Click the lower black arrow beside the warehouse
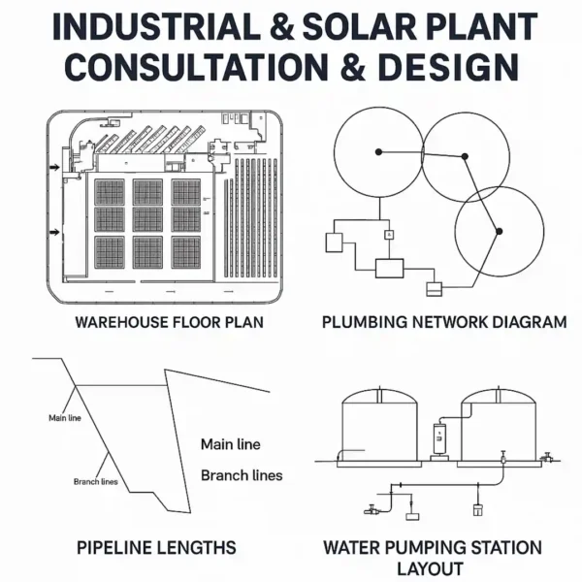pyautogui.click(x=55, y=232)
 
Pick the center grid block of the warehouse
pyautogui.click(x=147, y=222)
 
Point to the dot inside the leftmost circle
pyautogui.click(x=379, y=150)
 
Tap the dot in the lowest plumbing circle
pyautogui.click(x=499, y=231)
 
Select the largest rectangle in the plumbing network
pyautogui.click(x=390, y=267)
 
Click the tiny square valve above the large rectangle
pyautogui.click(x=389, y=235)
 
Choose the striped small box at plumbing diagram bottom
pyautogui.click(x=434, y=288)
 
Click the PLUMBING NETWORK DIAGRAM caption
pyautogui.click(x=444, y=322)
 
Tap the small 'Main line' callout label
pyautogui.click(x=65, y=418)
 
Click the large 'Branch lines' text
pyautogui.click(x=242, y=475)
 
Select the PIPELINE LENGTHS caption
pyautogui.click(x=156, y=548)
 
